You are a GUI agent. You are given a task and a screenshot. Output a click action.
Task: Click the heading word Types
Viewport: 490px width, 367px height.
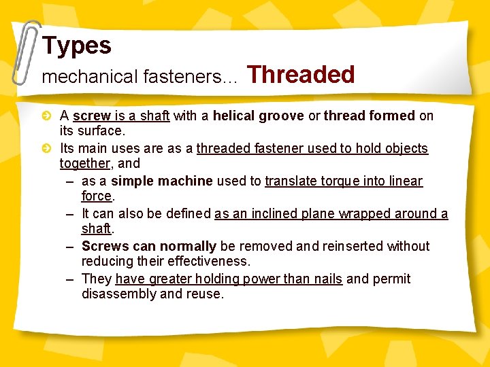pos(76,46)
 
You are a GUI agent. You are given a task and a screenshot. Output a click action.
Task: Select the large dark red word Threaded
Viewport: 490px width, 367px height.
pos(301,74)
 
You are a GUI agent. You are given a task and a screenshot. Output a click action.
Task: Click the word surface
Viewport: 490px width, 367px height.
pos(102,130)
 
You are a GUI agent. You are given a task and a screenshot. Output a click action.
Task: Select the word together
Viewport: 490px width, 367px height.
pos(84,163)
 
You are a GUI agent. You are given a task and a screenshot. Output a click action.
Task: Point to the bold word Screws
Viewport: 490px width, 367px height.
pos(105,246)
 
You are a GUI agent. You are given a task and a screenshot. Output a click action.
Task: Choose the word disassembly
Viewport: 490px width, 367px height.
pos(118,294)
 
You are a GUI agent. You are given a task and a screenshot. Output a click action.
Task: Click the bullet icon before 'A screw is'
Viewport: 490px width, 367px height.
pos(46,116)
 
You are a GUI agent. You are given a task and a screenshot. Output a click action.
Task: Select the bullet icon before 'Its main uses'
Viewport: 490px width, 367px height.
pos(46,148)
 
